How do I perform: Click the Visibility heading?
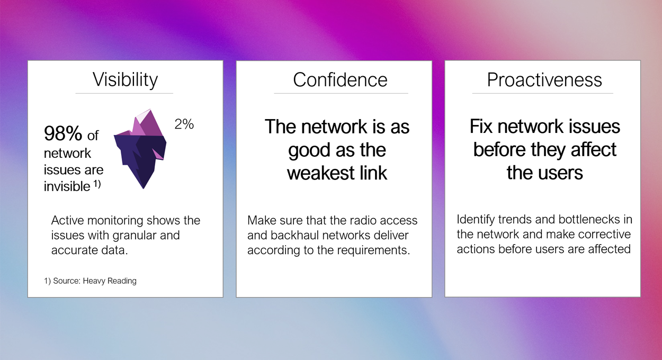[x=125, y=80]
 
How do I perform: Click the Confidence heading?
[x=340, y=80]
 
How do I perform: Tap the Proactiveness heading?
[x=544, y=80]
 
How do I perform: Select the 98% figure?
[x=63, y=133]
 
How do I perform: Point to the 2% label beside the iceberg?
[x=184, y=124]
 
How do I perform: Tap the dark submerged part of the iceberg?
[x=140, y=159]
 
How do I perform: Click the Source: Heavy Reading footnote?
[x=90, y=281]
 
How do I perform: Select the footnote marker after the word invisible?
[x=97, y=184]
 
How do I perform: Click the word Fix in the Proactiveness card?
[x=481, y=127]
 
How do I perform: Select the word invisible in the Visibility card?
[x=67, y=186]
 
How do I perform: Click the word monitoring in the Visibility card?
[x=115, y=221]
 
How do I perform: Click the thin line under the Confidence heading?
[x=341, y=93]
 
